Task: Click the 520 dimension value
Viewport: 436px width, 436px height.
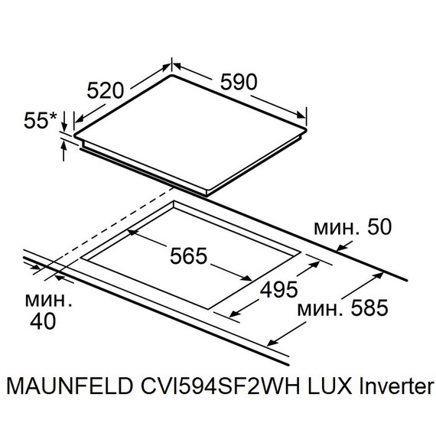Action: pyautogui.click(x=105, y=90)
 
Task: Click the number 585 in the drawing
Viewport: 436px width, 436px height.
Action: pyautogui.click(x=364, y=307)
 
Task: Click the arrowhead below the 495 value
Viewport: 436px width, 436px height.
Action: pyautogui.click(x=233, y=313)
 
